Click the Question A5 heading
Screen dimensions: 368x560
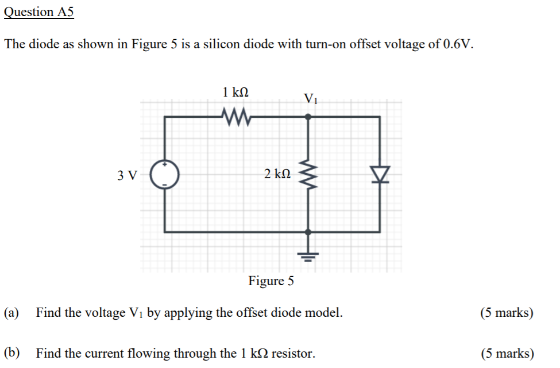(x=39, y=13)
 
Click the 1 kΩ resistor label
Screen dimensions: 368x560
(x=235, y=91)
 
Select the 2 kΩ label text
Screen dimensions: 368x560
(x=277, y=174)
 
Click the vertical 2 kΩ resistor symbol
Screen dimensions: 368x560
(x=308, y=174)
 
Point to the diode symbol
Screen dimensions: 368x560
(x=380, y=174)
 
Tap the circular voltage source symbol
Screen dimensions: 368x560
(x=165, y=174)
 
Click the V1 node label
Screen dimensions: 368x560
(x=310, y=98)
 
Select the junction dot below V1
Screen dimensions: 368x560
(x=308, y=117)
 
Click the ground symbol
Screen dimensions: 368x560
(x=308, y=255)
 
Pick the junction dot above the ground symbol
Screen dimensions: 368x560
(x=308, y=232)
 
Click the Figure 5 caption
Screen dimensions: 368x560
(x=271, y=281)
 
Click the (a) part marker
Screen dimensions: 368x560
(x=11, y=313)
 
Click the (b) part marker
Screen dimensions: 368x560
(x=11, y=353)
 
